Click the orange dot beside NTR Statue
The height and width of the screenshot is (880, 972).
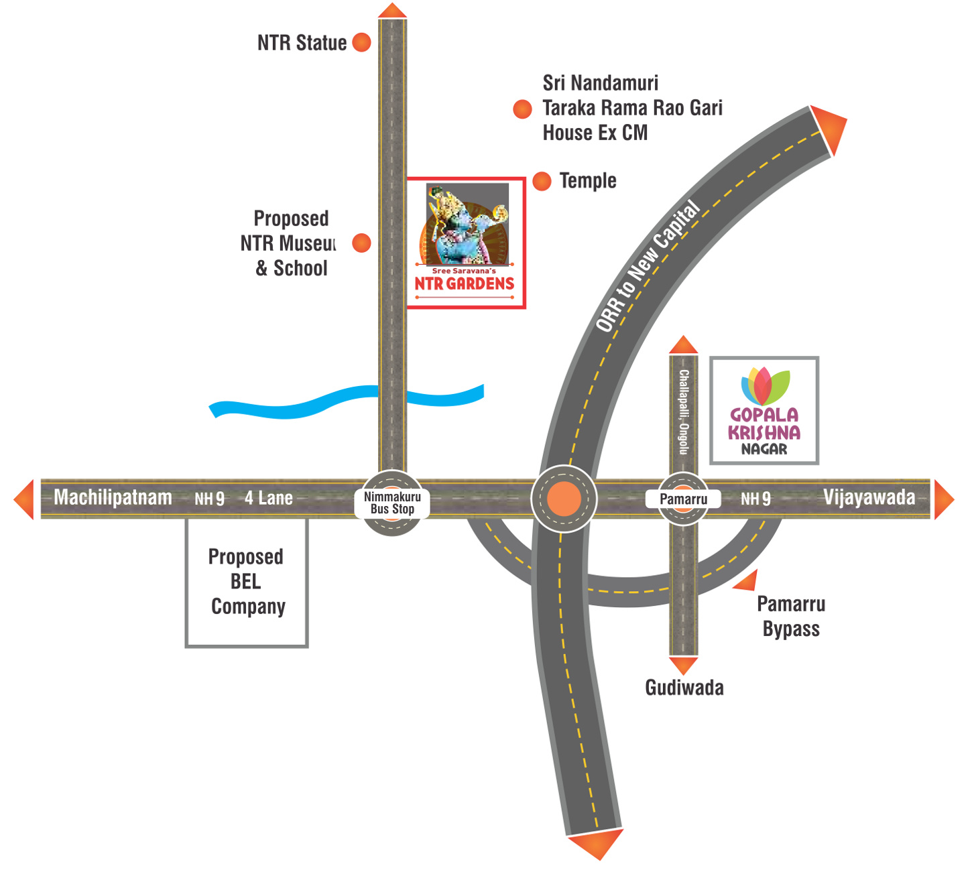click(361, 42)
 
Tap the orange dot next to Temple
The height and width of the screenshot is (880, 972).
click(542, 181)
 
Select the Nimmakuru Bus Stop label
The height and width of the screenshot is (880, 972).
click(392, 503)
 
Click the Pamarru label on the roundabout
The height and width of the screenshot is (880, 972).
click(683, 499)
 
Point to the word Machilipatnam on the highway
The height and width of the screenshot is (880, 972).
click(113, 497)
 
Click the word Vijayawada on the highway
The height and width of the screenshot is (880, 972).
click(869, 497)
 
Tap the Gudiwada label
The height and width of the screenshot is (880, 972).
click(684, 688)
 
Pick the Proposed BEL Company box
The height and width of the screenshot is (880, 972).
click(247, 583)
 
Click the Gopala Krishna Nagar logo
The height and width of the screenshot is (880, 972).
click(764, 411)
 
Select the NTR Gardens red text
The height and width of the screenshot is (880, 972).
click(464, 284)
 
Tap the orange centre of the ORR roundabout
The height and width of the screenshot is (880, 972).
click(564, 499)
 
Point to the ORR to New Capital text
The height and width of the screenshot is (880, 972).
click(648, 266)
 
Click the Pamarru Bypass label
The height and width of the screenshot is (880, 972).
click(791, 617)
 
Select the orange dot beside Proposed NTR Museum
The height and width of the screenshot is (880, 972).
click(361, 243)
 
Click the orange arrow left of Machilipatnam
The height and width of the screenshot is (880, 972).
click(23, 499)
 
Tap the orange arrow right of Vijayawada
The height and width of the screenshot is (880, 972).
click(945, 499)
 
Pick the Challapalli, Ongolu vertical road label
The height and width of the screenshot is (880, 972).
click(684, 412)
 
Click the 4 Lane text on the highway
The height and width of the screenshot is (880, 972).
click(268, 498)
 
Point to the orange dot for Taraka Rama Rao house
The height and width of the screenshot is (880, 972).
click(522, 109)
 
